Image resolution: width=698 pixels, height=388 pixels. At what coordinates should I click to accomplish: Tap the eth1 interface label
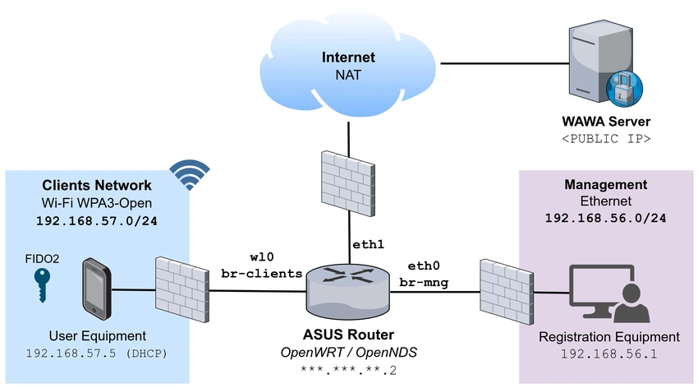368,244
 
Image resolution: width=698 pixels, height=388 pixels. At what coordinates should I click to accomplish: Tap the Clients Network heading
97,185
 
